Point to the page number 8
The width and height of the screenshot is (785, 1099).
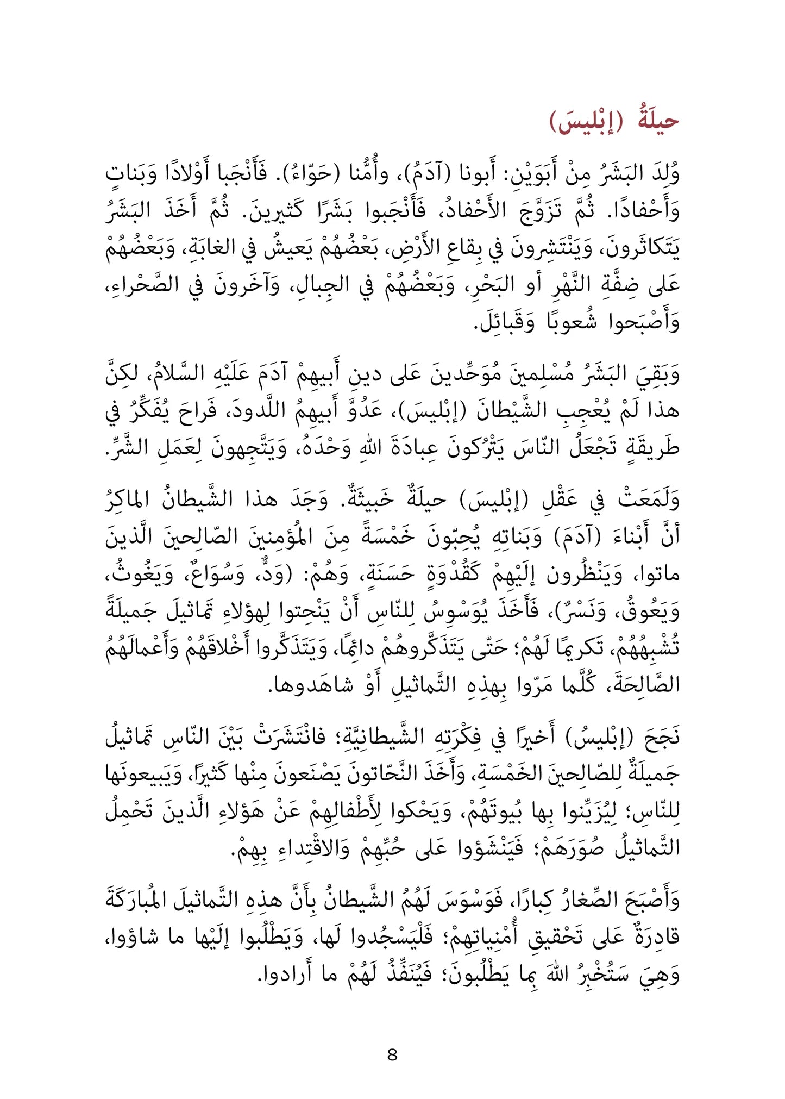[392, 1055]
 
